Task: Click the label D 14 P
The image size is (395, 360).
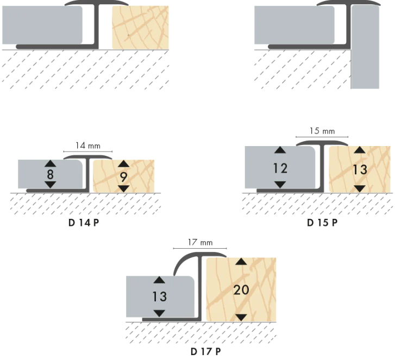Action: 84,223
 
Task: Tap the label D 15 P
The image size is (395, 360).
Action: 322,223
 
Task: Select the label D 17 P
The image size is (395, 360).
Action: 206,351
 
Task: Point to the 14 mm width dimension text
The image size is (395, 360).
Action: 88,146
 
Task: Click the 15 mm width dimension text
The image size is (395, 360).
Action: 322,131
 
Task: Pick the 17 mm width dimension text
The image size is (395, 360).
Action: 200,242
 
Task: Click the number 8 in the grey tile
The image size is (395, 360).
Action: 51,174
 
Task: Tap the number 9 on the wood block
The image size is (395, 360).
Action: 123,177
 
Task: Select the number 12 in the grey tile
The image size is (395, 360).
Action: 280,168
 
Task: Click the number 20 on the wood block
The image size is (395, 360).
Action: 241,290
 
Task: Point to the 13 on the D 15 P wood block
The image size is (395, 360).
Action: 360,169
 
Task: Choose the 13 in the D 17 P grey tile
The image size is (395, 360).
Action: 159,296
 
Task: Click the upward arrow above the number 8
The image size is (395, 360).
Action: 51,163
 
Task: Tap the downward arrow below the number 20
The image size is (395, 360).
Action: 241,318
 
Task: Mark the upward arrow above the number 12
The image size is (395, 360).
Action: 280,150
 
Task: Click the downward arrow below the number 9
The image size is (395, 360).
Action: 123,188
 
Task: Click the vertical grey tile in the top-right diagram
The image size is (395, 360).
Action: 365,47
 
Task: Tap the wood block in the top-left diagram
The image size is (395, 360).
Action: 140,28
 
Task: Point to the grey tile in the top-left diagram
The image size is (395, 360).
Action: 42,25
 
